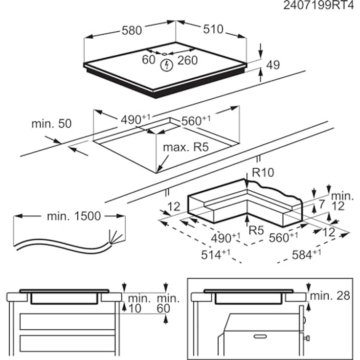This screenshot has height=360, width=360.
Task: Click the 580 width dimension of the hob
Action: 132,30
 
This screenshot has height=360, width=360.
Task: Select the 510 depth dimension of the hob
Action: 213,29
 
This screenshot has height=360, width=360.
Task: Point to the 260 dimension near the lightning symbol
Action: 187,60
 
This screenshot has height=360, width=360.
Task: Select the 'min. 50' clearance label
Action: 51,124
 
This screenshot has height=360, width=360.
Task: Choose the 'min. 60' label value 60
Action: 163,308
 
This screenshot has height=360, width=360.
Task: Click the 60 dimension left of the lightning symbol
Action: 148,60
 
